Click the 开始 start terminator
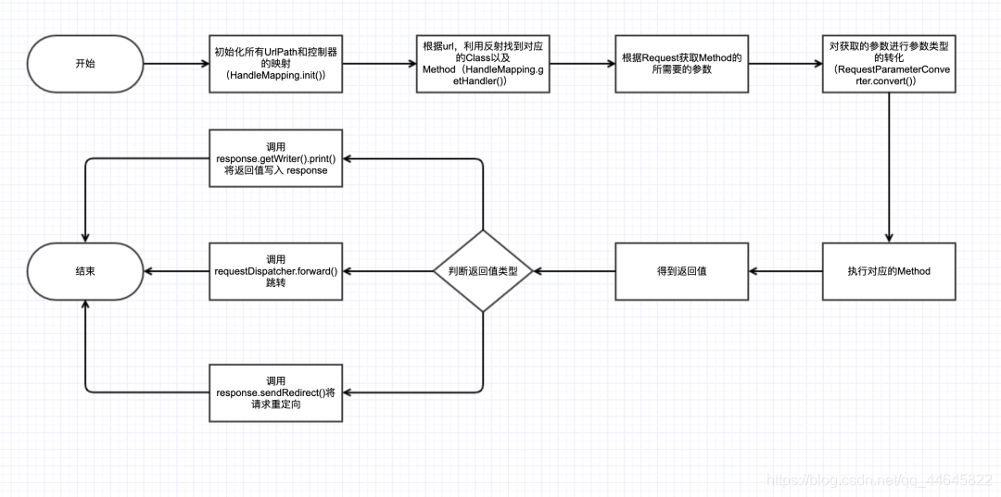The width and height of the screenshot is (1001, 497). point(85,64)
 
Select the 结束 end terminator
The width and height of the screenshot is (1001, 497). point(85,271)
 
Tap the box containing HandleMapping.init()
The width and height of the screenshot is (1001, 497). point(276,64)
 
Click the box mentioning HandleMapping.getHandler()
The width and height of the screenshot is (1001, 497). point(483,64)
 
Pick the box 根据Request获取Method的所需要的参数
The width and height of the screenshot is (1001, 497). point(682,64)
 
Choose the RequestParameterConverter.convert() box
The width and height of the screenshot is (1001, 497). point(889,64)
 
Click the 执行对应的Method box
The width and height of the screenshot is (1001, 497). point(889,271)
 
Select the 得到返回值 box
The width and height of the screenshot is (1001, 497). point(682,271)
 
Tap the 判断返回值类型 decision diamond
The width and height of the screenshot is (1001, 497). point(483,271)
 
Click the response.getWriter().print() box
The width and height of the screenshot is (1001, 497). point(276,158)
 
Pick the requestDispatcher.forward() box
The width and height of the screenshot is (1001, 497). point(276,271)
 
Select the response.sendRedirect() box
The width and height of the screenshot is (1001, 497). point(276,392)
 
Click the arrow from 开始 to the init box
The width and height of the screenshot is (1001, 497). point(177,64)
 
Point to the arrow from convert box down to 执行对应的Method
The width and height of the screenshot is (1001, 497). point(889,168)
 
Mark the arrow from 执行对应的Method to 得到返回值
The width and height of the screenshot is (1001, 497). point(785,271)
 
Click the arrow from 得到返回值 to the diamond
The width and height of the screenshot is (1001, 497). point(575,271)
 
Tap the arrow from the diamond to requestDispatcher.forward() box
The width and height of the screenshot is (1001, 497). point(387,271)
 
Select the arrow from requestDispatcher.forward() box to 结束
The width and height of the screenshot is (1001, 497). point(177,271)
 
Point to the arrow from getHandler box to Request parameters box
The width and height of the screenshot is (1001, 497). point(582,64)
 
